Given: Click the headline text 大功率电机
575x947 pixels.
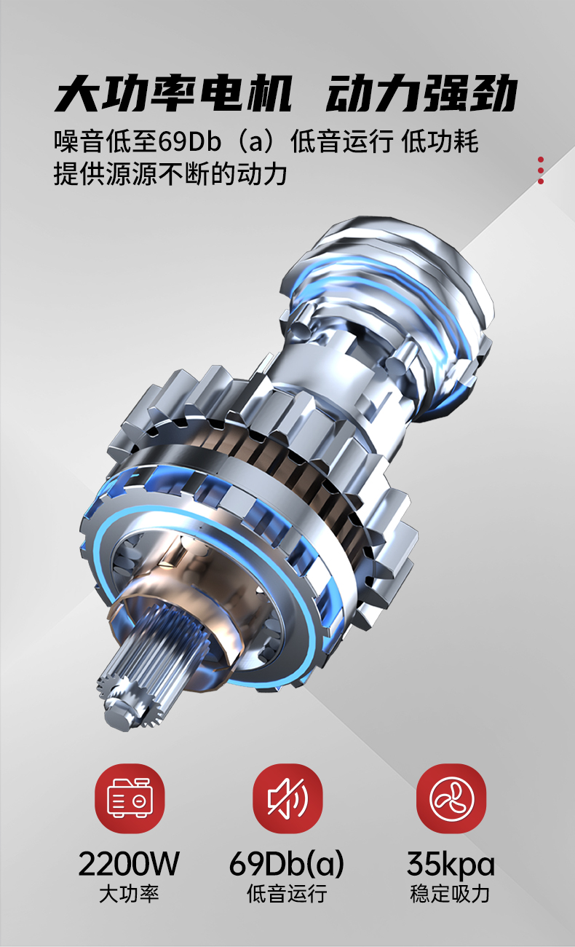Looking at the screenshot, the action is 173,93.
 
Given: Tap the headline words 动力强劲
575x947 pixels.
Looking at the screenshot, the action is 421,93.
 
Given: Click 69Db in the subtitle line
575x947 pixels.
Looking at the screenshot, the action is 190,141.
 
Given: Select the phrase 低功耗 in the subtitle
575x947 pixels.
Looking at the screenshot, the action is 440,141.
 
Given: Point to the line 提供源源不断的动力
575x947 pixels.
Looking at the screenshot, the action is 170,173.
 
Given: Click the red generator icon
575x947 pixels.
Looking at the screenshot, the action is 130,798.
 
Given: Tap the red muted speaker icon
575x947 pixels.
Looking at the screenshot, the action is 287,798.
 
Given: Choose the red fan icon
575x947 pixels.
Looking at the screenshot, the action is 451,798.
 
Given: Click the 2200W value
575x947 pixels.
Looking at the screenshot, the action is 129,864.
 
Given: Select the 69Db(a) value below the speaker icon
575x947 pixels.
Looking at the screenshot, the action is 287,864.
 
